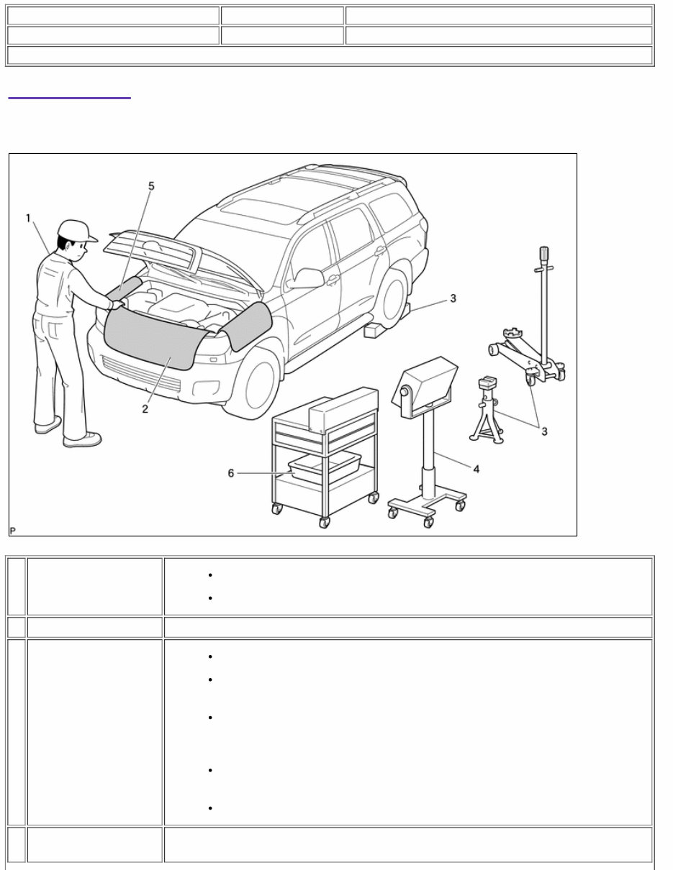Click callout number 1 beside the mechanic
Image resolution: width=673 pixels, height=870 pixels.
click(x=28, y=218)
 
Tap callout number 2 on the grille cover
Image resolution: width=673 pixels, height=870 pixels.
click(x=145, y=408)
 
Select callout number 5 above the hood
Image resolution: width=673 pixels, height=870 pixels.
click(x=151, y=186)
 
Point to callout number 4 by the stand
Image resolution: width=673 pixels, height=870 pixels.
click(x=476, y=468)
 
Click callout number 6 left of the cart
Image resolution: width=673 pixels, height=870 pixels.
click(x=231, y=473)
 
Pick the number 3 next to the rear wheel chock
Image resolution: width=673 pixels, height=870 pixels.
click(x=453, y=298)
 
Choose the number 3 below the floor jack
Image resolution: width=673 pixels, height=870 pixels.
click(x=544, y=431)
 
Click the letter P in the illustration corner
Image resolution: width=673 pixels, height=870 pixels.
click(x=13, y=531)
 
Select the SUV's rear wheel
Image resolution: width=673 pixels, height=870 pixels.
click(x=392, y=297)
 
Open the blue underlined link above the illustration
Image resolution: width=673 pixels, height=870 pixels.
click(x=69, y=94)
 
